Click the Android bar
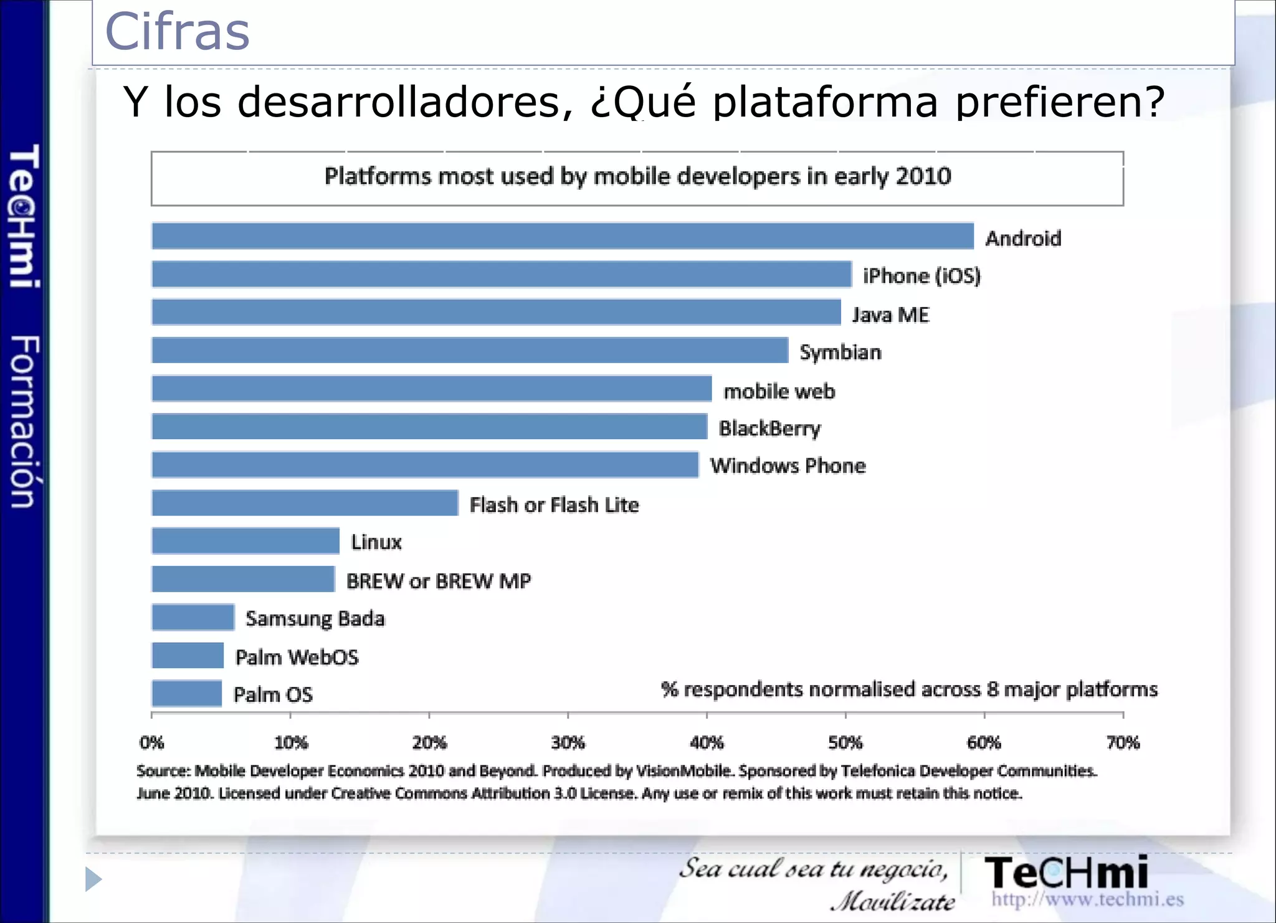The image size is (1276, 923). [563, 236]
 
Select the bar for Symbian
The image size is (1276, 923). [470, 350]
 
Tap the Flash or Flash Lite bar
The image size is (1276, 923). [305, 503]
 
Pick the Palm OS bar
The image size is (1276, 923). [187, 693]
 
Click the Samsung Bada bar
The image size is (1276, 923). [193, 617]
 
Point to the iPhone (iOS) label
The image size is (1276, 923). [921, 276]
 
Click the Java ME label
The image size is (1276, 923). [890, 315]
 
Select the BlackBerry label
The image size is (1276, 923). [769, 428]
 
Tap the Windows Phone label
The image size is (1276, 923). [788, 466]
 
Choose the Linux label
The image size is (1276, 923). [376, 542]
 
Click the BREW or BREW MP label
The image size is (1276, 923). [439, 581]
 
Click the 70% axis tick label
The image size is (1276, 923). [1123, 742]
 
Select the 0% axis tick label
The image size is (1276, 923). [151, 742]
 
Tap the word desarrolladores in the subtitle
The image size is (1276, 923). [405, 102]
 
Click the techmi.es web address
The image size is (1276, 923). [1087, 899]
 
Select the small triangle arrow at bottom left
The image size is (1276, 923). [93, 879]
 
